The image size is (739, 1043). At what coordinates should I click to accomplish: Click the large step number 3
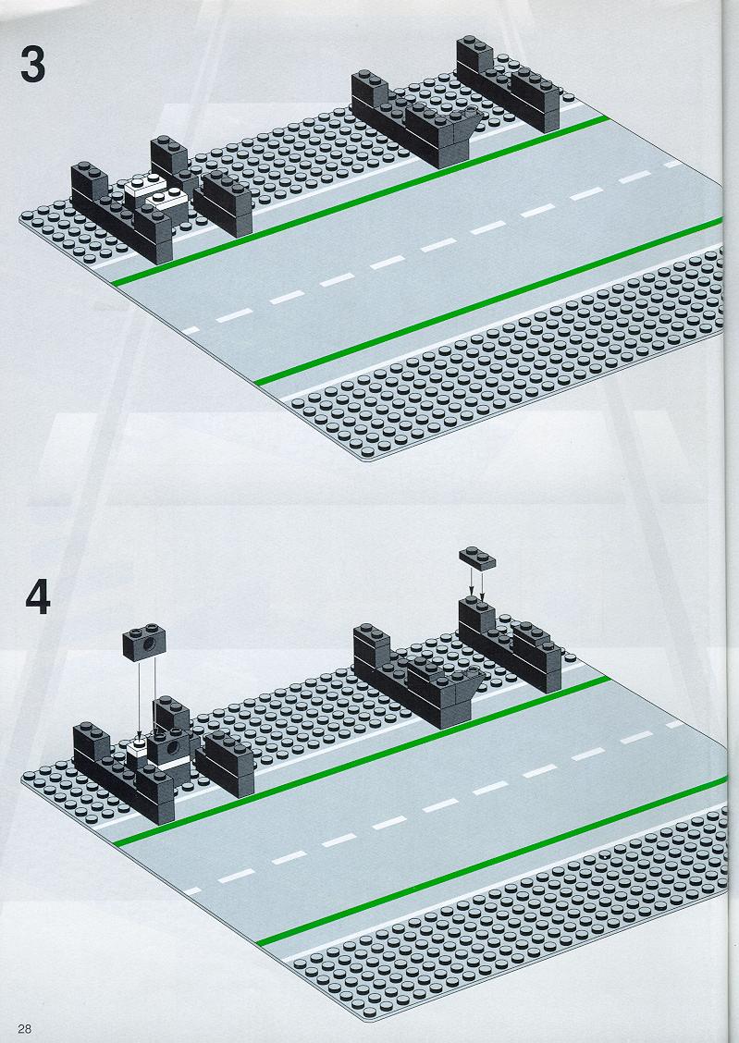(x=32, y=65)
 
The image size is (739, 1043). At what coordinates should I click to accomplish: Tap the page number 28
(x=25, y=1028)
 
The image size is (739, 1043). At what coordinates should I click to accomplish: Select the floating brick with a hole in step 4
(x=143, y=643)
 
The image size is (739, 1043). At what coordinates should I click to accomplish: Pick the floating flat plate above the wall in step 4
(x=477, y=558)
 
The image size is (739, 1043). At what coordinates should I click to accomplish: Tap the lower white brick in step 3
(x=166, y=202)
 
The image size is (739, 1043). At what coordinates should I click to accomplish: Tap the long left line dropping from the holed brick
(x=139, y=697)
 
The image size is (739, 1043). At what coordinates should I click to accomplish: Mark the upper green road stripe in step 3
(x=360, y=201)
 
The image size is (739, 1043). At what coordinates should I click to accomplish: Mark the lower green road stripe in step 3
(x=489, y=301)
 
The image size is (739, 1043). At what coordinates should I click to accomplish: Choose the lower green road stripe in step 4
(x=491, y=861)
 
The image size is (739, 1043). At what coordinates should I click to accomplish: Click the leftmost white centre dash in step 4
(x=193, y=890)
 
